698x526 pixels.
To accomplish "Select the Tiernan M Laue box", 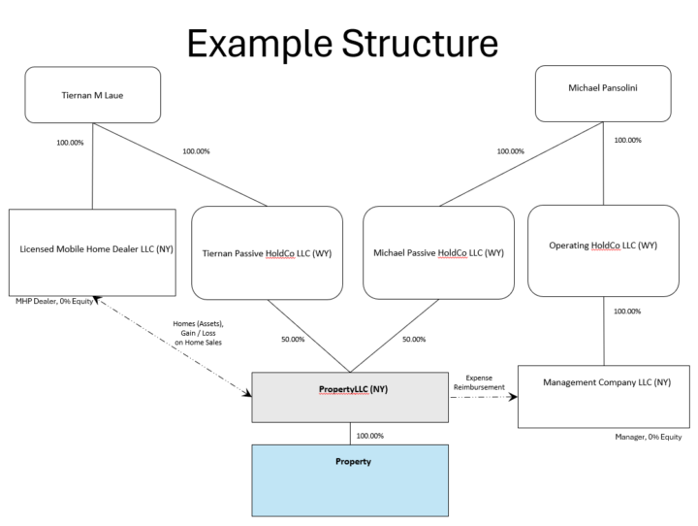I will point(92,94).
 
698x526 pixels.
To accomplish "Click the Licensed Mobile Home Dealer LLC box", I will point(92,250).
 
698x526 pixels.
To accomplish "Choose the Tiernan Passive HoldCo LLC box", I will point(267,252).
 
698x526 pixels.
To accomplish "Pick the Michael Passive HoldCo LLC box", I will point(438,252).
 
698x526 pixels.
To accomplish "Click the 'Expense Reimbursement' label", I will point(479,382).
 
